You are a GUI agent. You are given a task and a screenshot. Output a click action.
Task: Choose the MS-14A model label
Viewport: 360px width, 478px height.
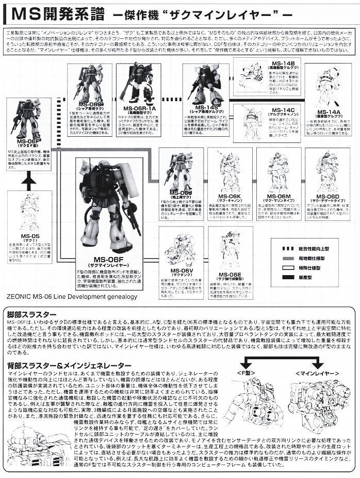tap(329, 112)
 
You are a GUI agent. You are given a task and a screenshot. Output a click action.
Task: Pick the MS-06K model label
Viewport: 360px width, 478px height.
tap(230, 196)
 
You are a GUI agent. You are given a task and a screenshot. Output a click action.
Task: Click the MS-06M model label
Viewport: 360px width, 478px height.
tap(278, 196)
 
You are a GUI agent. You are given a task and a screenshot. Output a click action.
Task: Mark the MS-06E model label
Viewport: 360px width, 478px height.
tap(230, 275)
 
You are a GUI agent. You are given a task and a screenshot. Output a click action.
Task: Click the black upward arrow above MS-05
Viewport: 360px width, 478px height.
tap(29, 181)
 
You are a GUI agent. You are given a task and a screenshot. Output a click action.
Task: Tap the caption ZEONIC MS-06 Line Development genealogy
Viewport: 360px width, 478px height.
tap(72, 297)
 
